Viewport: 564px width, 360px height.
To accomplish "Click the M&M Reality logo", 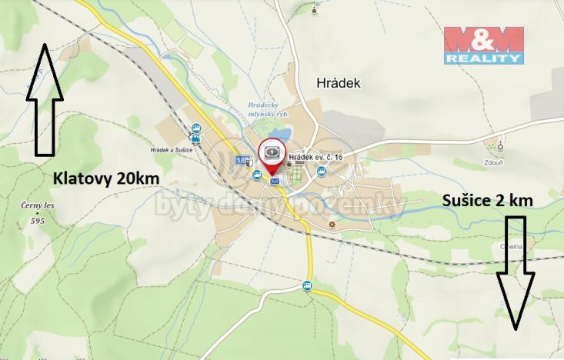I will point(484,45).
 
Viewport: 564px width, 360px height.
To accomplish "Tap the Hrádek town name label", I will point(339,82).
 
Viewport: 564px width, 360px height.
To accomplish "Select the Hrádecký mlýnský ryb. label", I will point(268,109).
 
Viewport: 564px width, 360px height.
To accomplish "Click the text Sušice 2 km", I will point(488,200).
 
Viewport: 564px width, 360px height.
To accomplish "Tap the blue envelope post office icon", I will point(275,181).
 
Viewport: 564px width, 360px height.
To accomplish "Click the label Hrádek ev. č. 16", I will point(315,157).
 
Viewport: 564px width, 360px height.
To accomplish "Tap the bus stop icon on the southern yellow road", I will point(308,287).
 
